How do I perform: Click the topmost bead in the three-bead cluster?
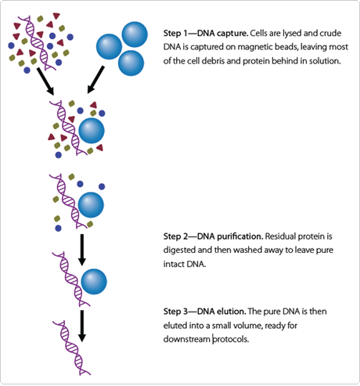[x=133, y=34]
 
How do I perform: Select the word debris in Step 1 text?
[x=223, y=63]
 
